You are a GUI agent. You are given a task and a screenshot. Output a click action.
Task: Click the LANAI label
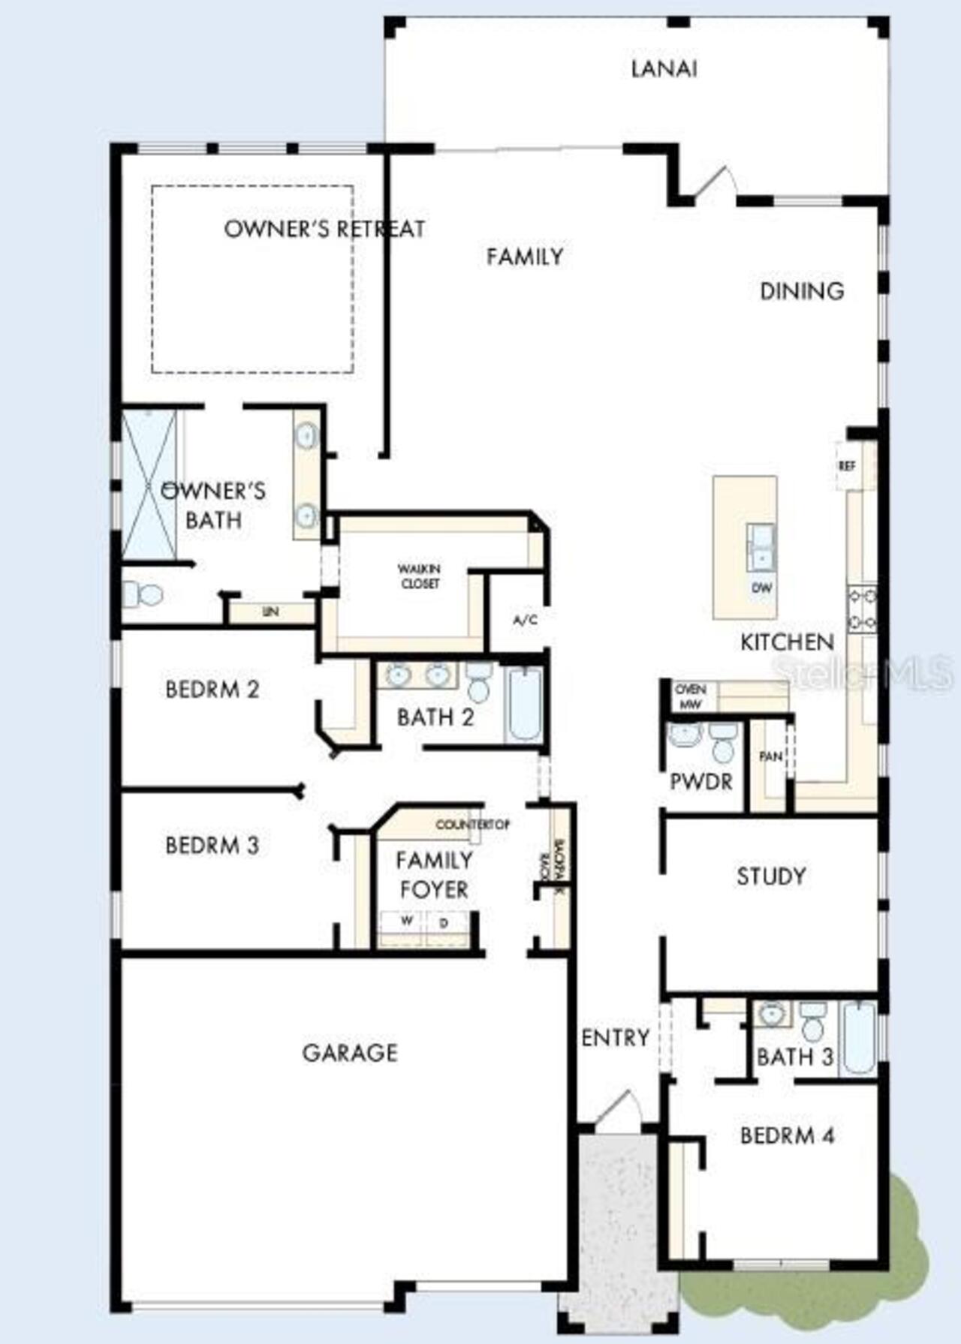pos(664,69)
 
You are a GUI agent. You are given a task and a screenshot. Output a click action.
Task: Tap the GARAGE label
pos(350,1053)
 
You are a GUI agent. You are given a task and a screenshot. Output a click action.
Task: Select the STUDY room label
pos(771,876)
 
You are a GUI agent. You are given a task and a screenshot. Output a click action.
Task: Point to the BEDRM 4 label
pos(787,1135)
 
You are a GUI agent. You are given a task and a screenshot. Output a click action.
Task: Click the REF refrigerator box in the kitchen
pos(847,466)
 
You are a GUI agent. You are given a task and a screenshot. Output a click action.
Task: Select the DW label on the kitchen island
pos(761,588)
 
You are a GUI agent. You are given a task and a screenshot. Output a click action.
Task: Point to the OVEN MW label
pos(690,697)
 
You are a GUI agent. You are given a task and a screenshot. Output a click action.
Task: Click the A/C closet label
pos(525,621)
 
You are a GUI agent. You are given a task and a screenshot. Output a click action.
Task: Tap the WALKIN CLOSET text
pos(420,576)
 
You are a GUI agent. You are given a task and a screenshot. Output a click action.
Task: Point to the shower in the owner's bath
pos(149,484)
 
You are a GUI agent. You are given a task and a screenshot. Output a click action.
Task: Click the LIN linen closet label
pos(271,612)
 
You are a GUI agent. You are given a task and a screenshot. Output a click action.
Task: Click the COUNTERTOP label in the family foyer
pos(472,825)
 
